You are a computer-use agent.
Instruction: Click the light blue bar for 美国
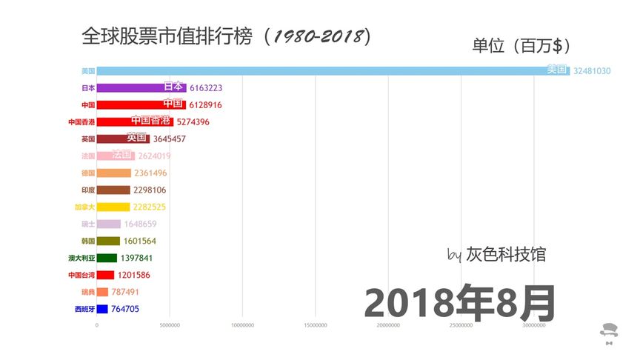[333, 71]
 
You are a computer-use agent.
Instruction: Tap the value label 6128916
[205, 105]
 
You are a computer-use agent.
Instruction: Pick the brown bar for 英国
[123, 139]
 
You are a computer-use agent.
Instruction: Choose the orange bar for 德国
[114, 173]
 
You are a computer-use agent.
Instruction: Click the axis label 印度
[88, 190]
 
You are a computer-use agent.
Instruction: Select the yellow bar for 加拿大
[113, 207]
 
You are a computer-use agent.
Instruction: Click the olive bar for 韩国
[108, 241]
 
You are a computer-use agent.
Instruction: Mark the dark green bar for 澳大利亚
[107, 258]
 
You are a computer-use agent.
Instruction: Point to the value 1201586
[133, 275]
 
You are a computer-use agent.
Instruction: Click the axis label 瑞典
[88, 292]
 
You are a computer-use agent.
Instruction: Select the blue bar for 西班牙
[102, 309]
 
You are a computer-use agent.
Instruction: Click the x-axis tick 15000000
[316, 325]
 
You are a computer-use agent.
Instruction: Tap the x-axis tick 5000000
[170, 325]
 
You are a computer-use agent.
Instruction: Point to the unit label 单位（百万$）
[522, 46]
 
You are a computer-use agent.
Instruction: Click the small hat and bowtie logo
[609, 333]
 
